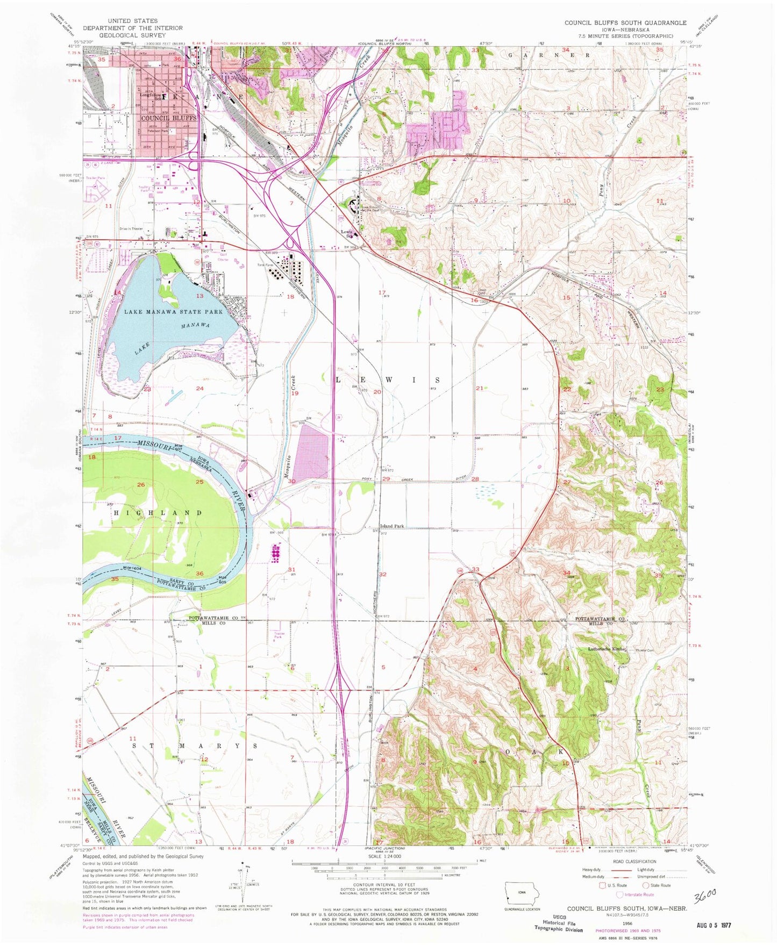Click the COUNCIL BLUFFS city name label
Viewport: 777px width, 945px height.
tap(169, 118)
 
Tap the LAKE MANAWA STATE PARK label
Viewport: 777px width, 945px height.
tap(173, 312)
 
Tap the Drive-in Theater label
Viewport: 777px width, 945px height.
tap(131, 228)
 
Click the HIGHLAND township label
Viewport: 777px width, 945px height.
tap(158, 513)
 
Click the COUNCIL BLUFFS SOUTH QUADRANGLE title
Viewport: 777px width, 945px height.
tap(625, 23)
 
